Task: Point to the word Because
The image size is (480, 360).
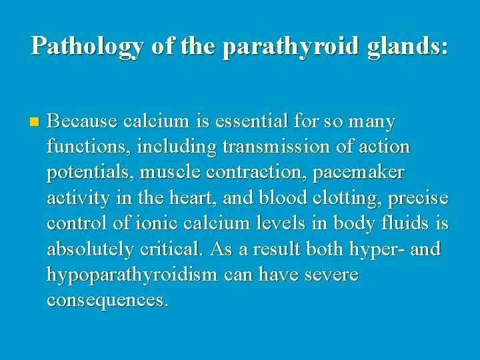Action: [82, 122]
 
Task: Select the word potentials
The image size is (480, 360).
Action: [89, 172]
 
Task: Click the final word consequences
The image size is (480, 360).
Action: [107, 300]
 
